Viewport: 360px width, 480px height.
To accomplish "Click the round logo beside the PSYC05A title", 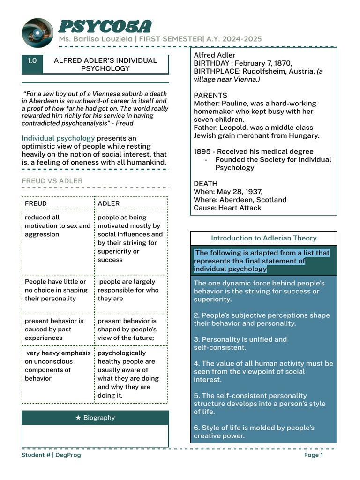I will pyautogui.click(x=37, y=33).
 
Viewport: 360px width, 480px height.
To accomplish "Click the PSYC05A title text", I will pyautogui.click(x=105, y=27).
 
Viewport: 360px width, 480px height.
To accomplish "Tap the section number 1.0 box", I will pyautogui.click(x=32, y=60).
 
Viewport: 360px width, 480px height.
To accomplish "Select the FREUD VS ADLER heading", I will pyautogui.click(x=52, y=181).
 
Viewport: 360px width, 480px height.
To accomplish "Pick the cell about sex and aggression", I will pyautogui.click(x=58, y=226).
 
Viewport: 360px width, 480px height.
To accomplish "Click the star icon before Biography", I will pyautogui.click(x=78, y=418).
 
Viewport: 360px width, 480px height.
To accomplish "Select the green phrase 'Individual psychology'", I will pyautogui.click(x=58, y=138).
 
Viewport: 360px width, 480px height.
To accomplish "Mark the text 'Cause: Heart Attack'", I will pyautogui.click(x=227, y=208).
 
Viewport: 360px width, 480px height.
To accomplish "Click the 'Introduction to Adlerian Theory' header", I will pyautogui.click(x=263, y=238).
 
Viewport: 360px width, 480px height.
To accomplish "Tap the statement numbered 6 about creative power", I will pyautogui.click(x=254, y=432).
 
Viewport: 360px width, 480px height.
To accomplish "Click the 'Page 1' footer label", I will pyautogui.click(x=314, y=455).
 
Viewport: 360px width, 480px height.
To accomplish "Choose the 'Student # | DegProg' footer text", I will pyautogui.click(x=51, y=455).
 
